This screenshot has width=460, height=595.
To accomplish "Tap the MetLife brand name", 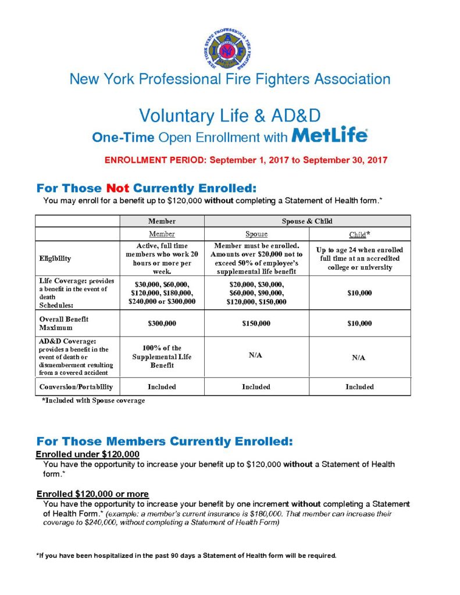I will pos(329,136).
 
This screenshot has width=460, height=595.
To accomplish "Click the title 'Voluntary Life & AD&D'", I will pos(230,115).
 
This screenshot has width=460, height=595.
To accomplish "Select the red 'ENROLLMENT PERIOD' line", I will pos(246,159).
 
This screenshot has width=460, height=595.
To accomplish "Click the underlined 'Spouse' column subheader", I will pos(256,234).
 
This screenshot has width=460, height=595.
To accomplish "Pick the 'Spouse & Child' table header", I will pos(307,221).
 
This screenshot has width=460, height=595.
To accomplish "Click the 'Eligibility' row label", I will pos(56,258).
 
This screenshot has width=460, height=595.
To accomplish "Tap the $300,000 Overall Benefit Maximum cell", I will pos(162,323).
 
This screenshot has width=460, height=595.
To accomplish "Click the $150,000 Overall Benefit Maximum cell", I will pos(256,323).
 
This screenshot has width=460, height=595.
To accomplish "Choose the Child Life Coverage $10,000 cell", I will pos(359,293).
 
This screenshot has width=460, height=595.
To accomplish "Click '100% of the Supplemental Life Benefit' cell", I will pos(162,356).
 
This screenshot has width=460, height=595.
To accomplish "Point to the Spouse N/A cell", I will pos(256,354).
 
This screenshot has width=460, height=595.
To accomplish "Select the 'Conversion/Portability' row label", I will pos(76,386).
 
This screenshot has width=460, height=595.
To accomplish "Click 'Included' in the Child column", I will pos(359,386).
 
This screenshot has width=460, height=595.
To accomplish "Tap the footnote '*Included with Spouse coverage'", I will pos(93,401).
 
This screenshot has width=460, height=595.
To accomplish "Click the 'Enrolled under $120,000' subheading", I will pos(88,454).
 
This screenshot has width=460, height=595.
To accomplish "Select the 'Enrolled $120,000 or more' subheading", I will pos(92,494).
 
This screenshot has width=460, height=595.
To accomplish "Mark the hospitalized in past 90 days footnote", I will pos(186,555).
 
